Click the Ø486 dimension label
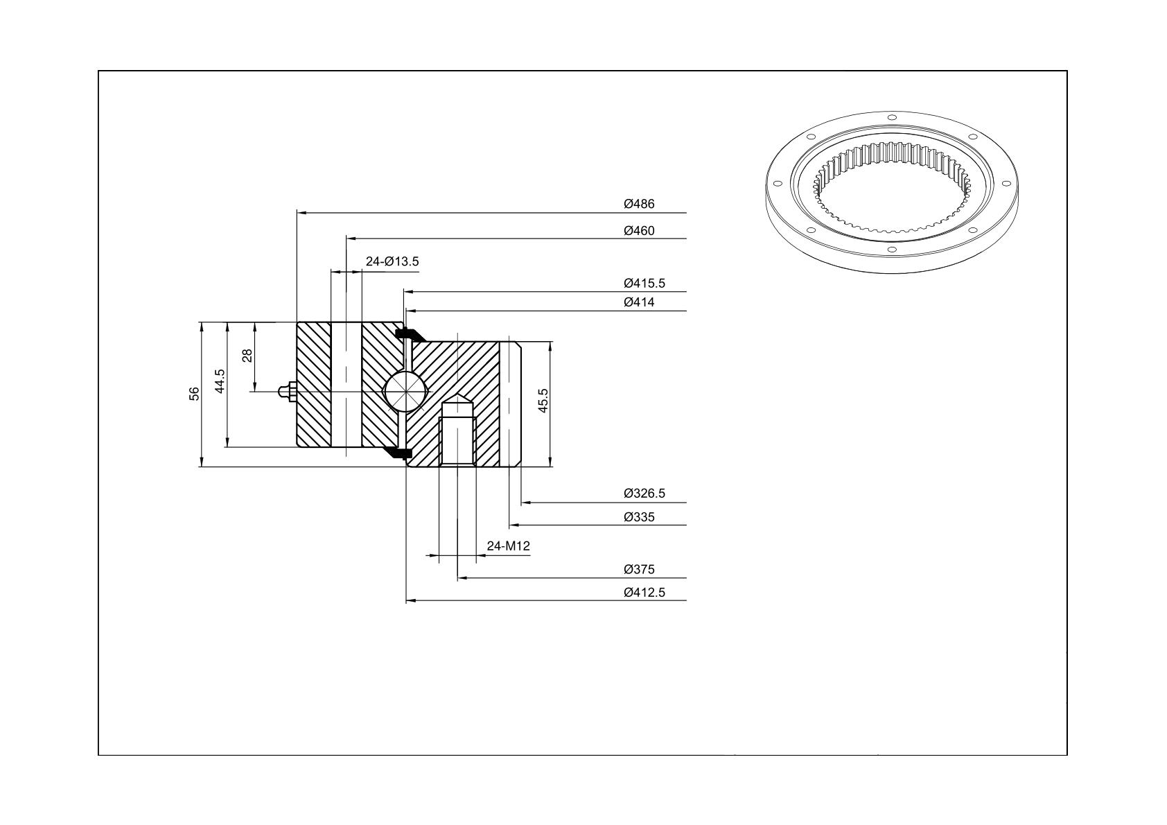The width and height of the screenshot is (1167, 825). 639,204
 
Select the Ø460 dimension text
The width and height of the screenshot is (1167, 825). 639,230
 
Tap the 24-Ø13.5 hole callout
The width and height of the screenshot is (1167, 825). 392,261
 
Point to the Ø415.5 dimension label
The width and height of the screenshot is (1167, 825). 644,284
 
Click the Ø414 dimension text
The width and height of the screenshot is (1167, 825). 639,302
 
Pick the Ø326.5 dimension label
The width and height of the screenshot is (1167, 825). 644,493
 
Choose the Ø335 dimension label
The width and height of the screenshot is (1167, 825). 639,517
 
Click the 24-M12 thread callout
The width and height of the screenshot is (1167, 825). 508,546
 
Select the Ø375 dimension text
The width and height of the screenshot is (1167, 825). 639,569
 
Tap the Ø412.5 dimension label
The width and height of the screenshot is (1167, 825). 644,593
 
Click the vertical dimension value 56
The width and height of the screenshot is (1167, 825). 194,394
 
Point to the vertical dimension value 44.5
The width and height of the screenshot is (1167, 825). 220,381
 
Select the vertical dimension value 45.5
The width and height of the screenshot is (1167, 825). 543,401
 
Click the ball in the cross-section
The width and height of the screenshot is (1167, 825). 406,392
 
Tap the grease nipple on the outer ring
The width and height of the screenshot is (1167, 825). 288,392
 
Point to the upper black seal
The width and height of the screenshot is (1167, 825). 410,334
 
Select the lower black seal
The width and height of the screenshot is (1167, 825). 398,453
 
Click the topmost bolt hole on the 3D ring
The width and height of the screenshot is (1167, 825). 891,117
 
